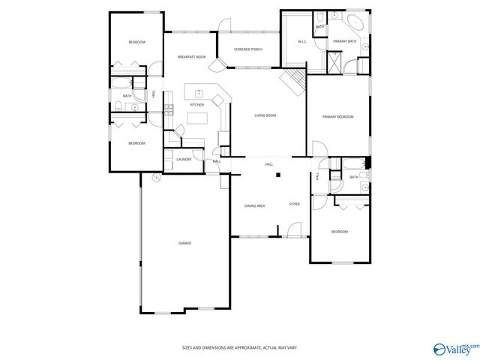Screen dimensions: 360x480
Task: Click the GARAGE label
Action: pos(184,244)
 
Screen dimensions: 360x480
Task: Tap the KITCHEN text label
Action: pos(196,104)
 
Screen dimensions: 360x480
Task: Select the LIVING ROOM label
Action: pos(265,115)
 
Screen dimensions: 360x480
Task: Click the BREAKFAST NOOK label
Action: pos(191,57)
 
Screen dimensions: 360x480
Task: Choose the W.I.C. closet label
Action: pos(302,42)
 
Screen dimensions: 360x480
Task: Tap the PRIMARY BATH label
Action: pos(345,41)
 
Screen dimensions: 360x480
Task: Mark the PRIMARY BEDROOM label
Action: pos(337,117)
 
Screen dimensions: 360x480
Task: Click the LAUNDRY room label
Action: pos(184,159)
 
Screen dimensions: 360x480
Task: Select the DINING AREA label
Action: pos(254,205)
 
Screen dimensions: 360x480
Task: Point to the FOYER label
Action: pos(295,204)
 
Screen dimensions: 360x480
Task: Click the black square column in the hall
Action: pos(277,175)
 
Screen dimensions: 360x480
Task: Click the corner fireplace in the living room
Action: pos(293,80)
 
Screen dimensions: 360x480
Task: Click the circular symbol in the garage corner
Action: pos(155,178)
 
